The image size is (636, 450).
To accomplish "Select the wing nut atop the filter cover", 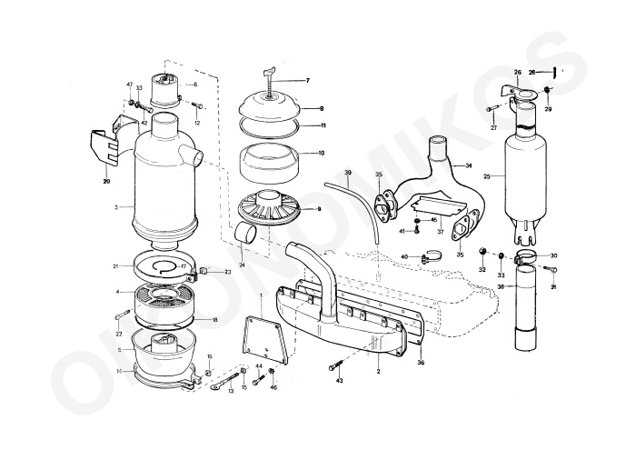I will tap(269, 72).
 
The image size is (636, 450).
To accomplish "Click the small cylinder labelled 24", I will tap(244, 235).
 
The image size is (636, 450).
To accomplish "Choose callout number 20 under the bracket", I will tap(106, 181).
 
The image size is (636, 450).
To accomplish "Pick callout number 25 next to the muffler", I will tap(488, 176).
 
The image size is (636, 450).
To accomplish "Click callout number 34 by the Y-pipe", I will tap(469, 165).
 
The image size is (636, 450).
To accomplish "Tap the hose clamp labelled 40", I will tap(426, 258).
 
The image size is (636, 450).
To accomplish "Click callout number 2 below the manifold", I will tap(377, 373).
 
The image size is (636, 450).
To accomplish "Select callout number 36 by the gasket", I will tap(420, 363).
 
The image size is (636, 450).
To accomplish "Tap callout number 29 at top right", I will tap(548, 109).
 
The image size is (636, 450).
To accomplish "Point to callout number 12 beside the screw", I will tap(196, 122).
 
